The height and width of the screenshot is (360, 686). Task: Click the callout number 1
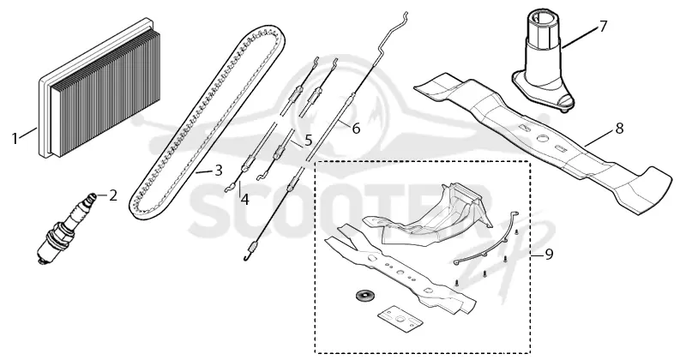pos(15,139)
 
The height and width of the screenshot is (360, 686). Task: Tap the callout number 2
pos(113,195)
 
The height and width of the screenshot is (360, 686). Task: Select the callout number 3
pos(219,171)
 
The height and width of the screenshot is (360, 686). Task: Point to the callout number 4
pos(244,200)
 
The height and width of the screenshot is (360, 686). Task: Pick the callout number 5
pos(308,141)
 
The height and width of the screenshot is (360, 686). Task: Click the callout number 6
pos(356,129)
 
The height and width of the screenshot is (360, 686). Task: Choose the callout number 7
pos(604,27)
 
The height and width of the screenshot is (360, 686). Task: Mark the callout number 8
pos(619,129)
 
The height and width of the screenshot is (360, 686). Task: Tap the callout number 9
pos(549,255)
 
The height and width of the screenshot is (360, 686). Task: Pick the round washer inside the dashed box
pos(361,295)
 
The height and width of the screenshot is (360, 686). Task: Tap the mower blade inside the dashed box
pos(400,272)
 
